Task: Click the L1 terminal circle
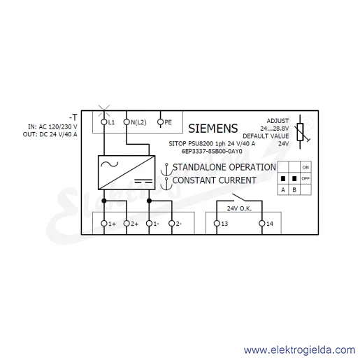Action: (104, 122)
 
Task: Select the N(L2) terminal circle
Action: (127, 122)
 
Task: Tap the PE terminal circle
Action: (161, 122)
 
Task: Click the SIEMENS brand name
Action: (213, 129)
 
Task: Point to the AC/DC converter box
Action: (127, 173)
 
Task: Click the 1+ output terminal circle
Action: (104, 224)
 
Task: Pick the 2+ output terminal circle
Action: (127, 224)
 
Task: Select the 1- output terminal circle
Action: (149, 224)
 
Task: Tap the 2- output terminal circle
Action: (172, 224)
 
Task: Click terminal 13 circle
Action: (217, 224)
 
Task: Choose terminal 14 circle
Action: (262, 224)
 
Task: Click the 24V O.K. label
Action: (239, 208)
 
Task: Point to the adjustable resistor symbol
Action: (301, 132)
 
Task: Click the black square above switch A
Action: (283, 178)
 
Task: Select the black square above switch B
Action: (294, 178)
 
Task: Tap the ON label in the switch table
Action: (305, 167)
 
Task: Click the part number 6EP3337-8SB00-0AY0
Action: (212, 151)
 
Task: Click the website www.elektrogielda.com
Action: (299, 350)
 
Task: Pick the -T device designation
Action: (73, 117)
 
